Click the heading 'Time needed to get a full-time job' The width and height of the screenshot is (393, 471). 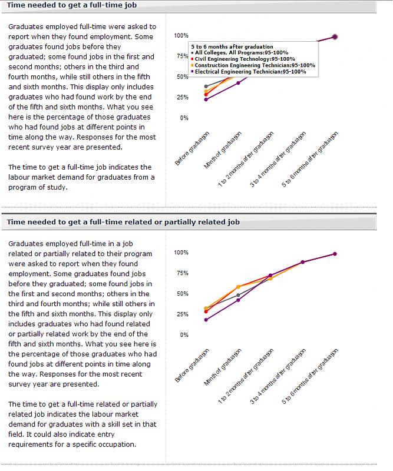point(72,5)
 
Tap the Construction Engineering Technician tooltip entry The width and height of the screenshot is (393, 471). point(254,65)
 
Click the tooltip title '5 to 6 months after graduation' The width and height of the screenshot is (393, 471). point(232,47)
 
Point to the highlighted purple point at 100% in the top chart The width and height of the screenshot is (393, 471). point(335,37)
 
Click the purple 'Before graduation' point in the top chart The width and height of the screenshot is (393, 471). point(206,99)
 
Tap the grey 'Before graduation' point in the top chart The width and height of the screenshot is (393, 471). point(206,87)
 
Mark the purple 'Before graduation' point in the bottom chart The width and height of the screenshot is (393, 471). point(206,320)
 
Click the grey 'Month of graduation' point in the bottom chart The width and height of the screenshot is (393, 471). point(238,295)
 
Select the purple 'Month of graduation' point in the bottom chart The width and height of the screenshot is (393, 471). point(238,300)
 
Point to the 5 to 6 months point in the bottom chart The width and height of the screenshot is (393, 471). point(335,254)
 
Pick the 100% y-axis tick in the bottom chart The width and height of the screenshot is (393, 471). point(181,253)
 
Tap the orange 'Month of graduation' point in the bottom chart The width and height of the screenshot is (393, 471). point(238,287)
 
